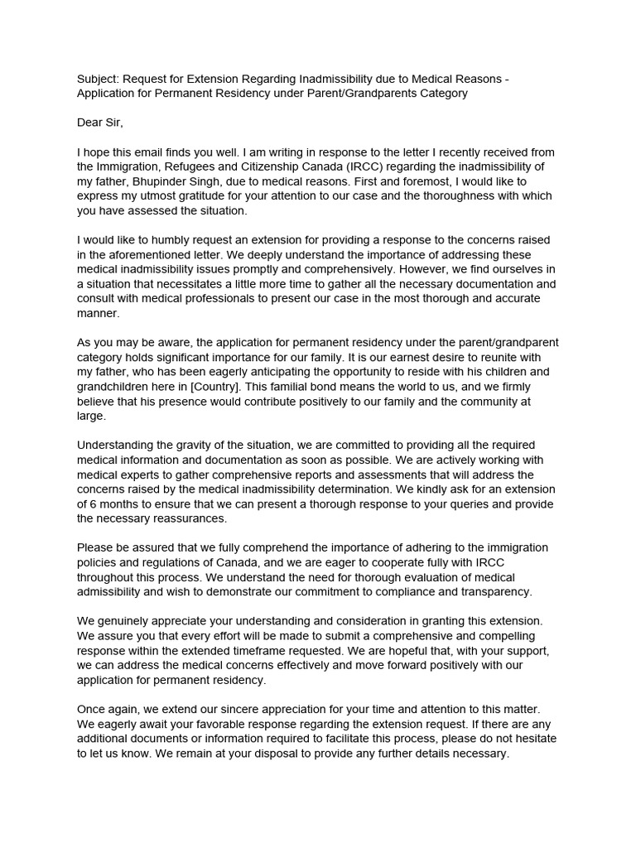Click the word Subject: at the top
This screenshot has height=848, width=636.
[100, 79]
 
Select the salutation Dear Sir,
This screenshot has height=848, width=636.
[99, 123]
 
